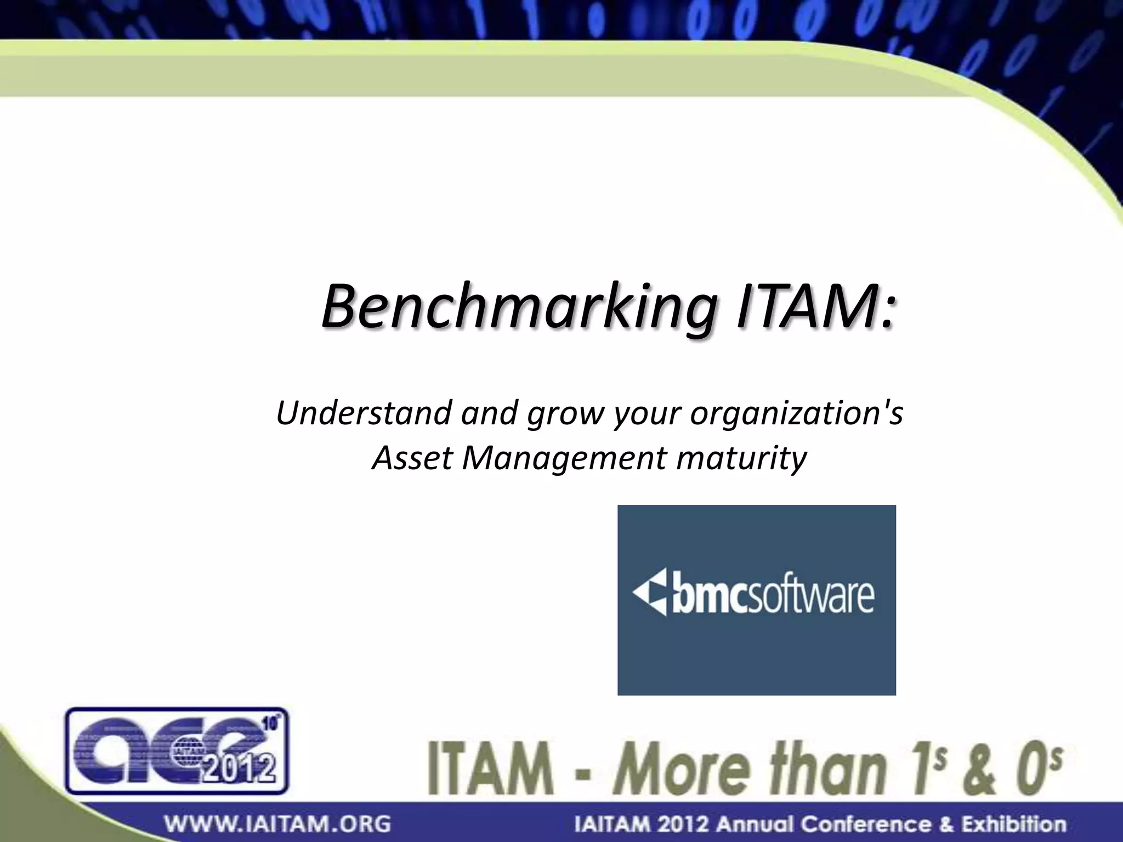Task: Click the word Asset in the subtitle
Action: pos(412,458)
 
